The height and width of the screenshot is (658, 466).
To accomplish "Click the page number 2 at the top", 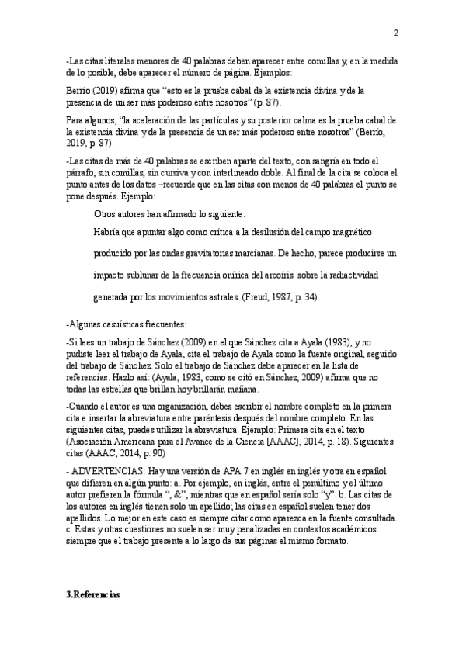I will tap(395, 33).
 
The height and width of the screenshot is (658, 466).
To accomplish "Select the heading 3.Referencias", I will tap(93, 594).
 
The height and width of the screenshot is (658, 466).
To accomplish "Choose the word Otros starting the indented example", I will tap(106, 213).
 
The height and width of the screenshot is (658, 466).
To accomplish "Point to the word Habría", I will tap(107, 233).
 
